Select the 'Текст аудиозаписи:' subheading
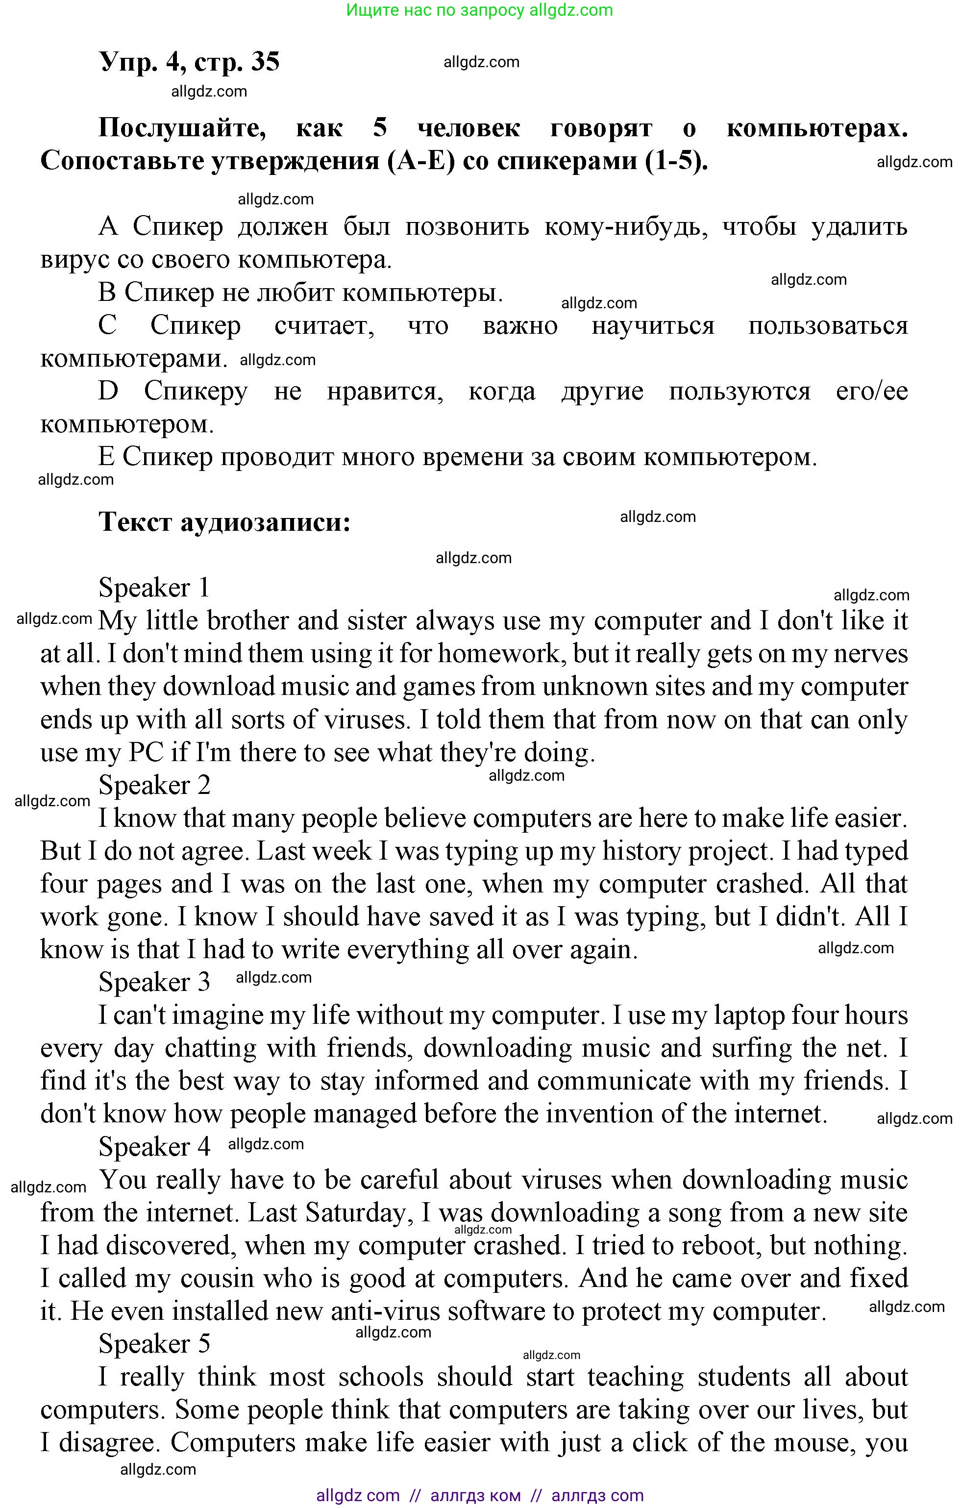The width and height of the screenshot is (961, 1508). [224, 521]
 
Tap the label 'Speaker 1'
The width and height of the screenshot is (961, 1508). [154, 588]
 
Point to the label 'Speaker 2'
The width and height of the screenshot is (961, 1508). [154, 785]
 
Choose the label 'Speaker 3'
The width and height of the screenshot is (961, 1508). [154, 982]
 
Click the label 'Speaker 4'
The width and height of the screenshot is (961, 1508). [154, 1147]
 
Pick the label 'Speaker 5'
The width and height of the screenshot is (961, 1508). [154, 1344]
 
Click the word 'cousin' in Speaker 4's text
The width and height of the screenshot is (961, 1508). [217, 1279]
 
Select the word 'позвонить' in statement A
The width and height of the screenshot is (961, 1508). [467, 226]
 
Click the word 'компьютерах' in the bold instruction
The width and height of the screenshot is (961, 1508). [816, 128]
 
